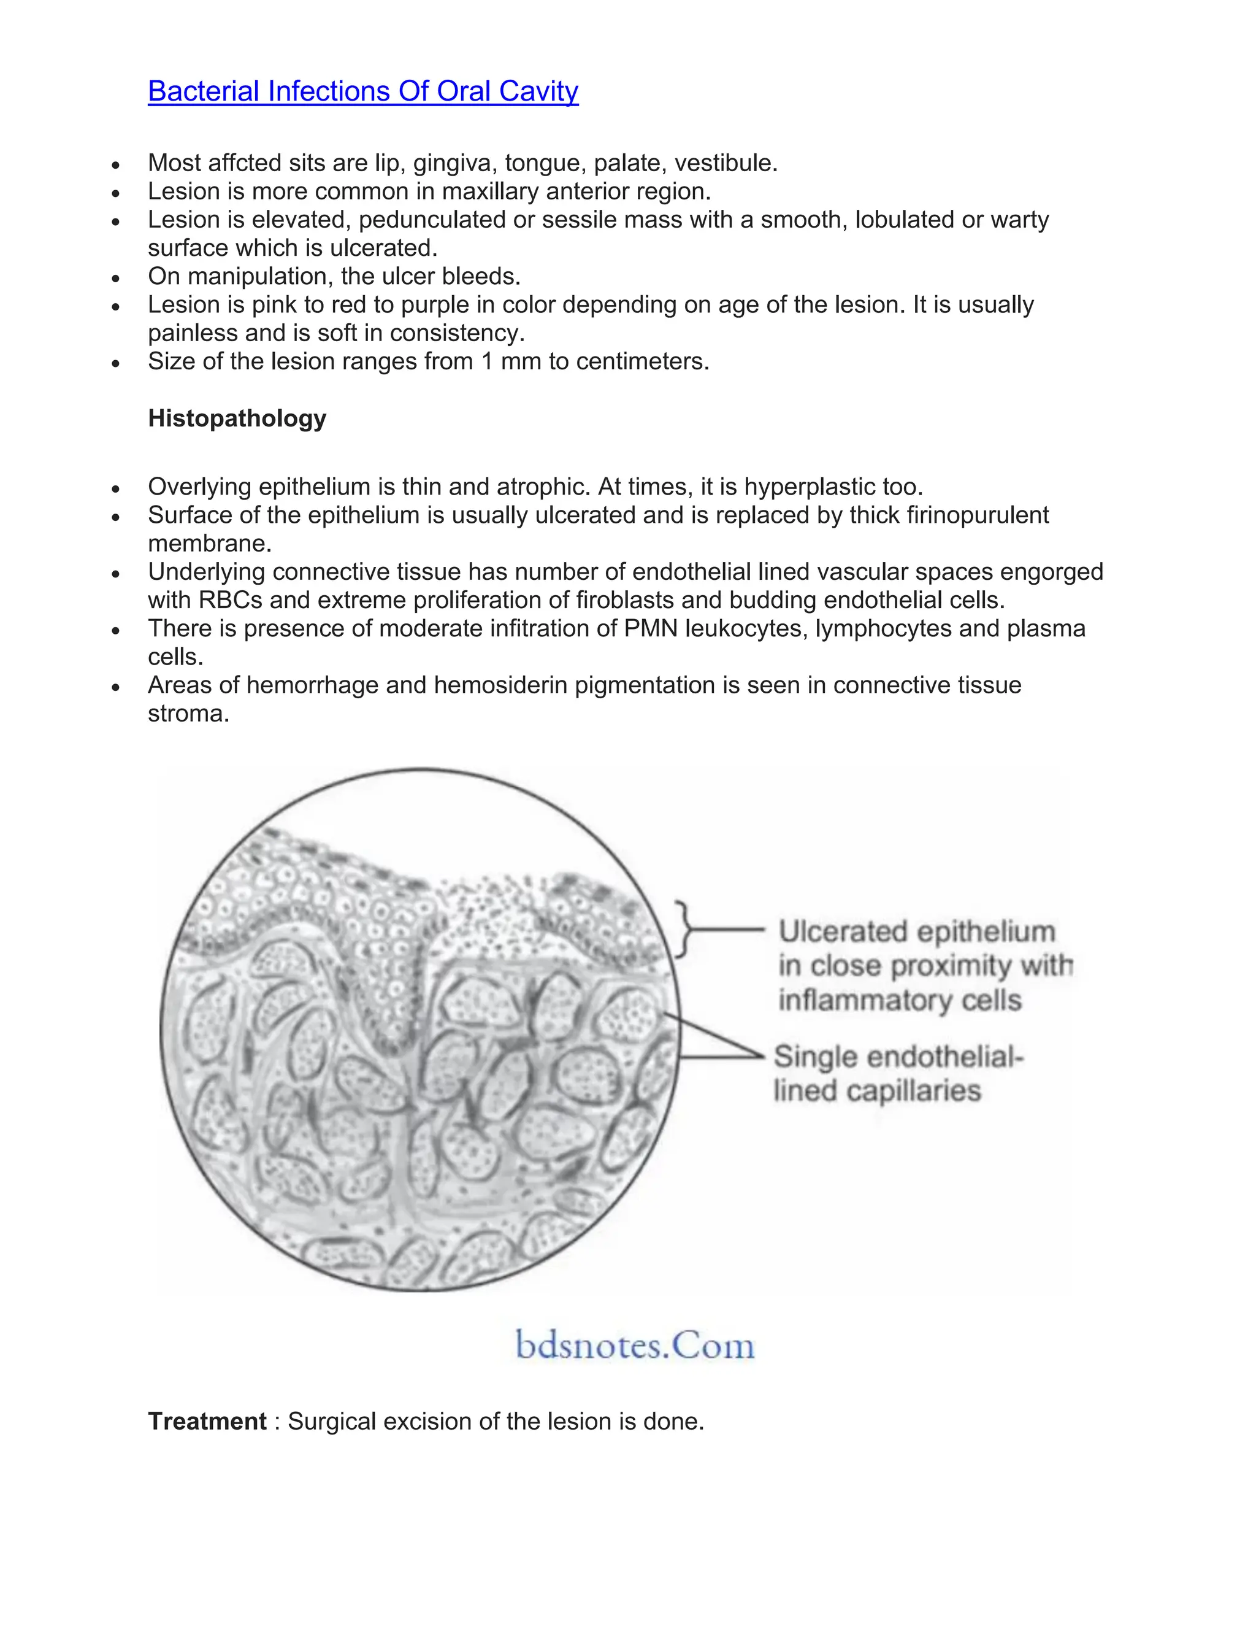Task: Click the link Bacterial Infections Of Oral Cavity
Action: click(x=362, y=91)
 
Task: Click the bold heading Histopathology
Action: click(x=237, y=418)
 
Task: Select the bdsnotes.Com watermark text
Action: click(x=635, y=1346)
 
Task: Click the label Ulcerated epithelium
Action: click(x=917, y=932)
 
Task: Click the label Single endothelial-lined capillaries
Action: click(x=897, y=1074)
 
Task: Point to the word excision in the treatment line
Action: click(x=430, y=1421)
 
